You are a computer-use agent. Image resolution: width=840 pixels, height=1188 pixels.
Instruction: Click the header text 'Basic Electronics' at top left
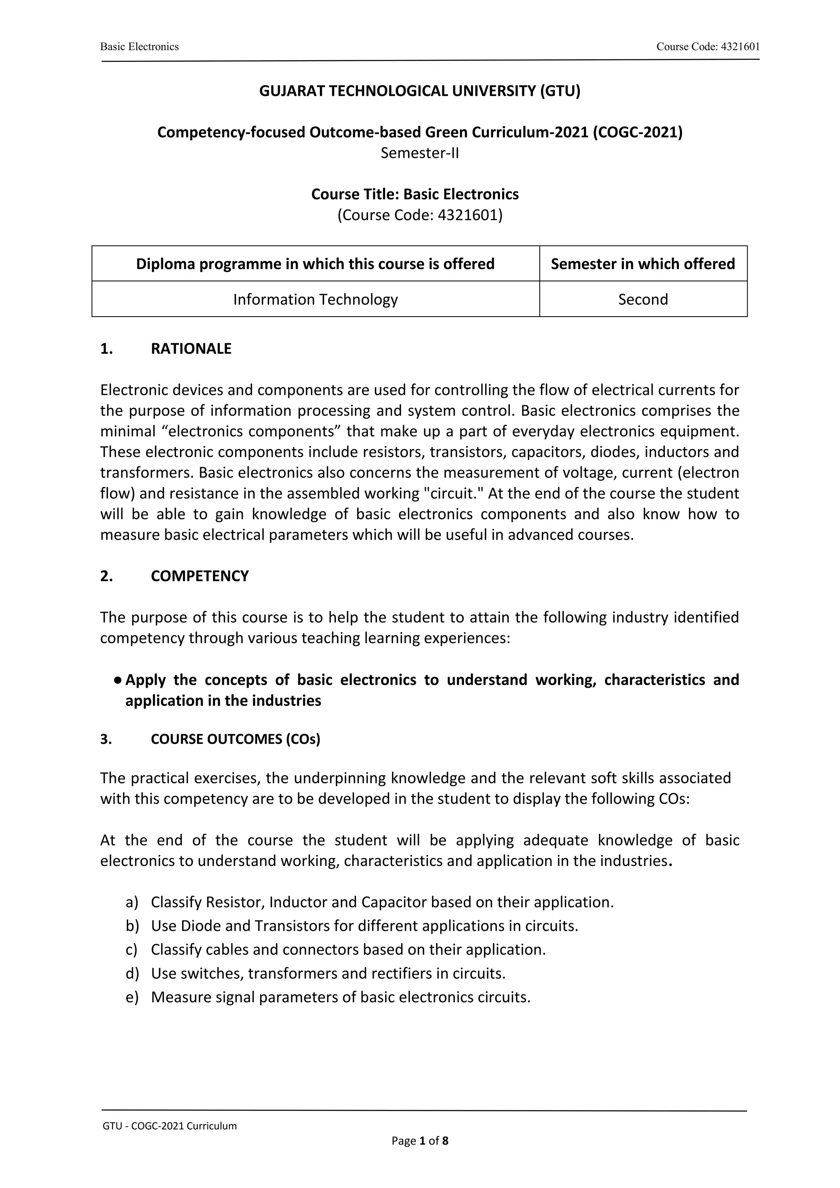[x=139, y=47]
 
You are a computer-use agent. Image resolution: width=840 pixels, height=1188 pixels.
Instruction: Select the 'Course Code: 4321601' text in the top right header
[x=708, y=47]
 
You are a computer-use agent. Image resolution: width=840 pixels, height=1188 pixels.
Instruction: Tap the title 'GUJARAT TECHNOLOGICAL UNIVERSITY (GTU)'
[x=420, y=91]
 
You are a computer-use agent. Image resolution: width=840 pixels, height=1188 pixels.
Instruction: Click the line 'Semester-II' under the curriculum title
[x=420, y=153]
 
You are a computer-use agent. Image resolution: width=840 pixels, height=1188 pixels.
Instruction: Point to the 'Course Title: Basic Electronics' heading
[x=415, y=194]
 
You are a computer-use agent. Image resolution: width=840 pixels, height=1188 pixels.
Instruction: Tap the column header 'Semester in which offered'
[x=643, y=264]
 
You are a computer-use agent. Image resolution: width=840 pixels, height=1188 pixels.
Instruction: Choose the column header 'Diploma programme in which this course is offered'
[x=315, y=264]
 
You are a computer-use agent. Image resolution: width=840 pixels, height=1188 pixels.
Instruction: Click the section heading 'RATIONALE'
[x=191, y=349]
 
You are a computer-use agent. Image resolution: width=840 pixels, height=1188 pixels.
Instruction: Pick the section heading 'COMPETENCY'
[x=200, y=576]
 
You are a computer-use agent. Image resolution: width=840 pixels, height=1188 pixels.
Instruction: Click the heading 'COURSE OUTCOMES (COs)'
[x=235, y=739]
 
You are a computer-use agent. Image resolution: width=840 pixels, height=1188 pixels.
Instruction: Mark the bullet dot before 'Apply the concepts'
[x=118, y=680]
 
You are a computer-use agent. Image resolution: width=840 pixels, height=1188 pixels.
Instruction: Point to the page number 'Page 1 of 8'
[x=420, y=1140]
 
